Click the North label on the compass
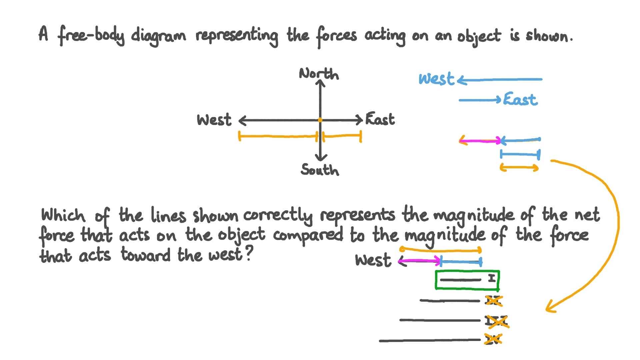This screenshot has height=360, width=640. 319,74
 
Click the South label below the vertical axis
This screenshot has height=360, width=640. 319,170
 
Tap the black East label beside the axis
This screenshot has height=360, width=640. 380,119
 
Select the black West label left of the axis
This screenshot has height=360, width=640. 214,120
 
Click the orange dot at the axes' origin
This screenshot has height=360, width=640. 320,120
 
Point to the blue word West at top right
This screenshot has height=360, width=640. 436,79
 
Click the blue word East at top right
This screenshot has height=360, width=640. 520,99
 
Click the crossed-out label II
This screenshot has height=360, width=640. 493,301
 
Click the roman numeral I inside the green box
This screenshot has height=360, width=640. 492,278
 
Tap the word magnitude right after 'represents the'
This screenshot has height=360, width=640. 473,215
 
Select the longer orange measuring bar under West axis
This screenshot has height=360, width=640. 278,136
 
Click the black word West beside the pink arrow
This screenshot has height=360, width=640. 373,260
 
